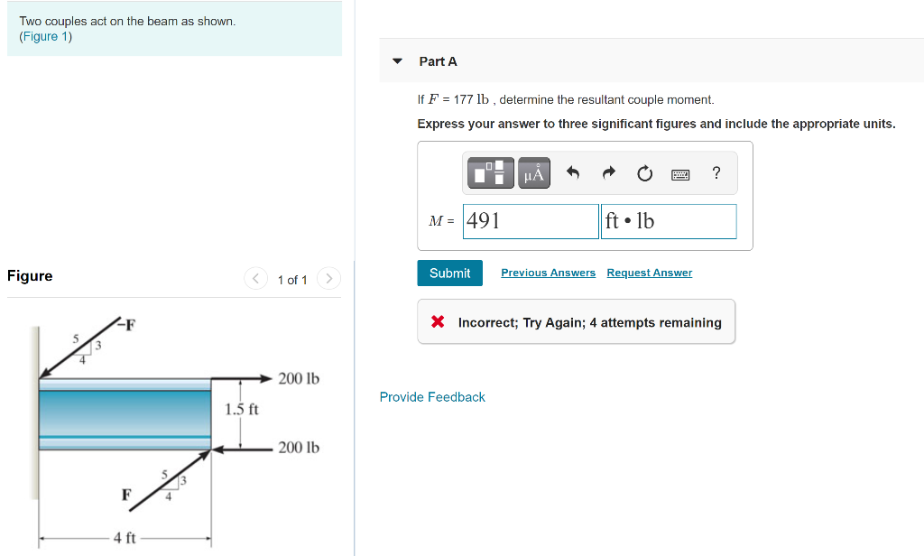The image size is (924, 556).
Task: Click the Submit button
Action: [449, 273]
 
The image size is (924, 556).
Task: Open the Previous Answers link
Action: [548, 273]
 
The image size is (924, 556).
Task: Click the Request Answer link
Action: [649, 273]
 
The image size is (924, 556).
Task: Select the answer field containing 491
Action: [531, 221]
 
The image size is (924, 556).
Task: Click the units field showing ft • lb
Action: [668, 221]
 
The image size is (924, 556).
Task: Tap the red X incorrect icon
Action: [438, 322]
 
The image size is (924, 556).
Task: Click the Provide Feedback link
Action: [432, 397]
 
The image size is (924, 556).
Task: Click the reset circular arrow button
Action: [644, 173]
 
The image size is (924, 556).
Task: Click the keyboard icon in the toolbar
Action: [680, 173]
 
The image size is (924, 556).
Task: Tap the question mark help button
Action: [716, 173]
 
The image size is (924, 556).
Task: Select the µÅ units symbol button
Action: [533, 173]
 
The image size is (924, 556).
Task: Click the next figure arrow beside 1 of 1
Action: [330, 279]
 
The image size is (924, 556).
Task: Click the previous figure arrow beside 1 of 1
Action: [255, 279]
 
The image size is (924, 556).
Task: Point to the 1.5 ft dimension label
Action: [241, 409]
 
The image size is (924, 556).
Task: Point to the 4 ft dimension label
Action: [125, 538]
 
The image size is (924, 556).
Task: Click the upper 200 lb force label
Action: [299, 378]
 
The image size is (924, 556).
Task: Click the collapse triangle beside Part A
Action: [397, 61]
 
